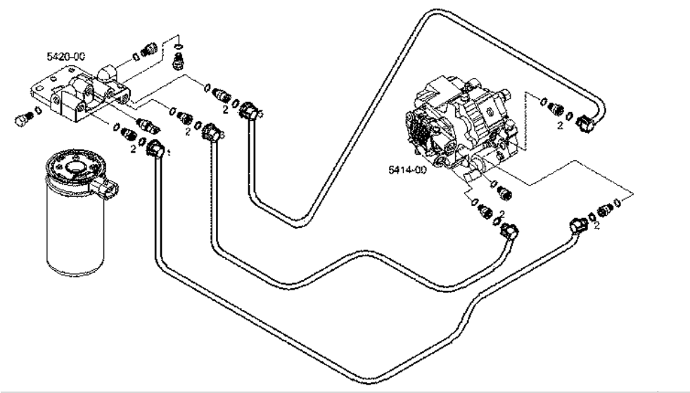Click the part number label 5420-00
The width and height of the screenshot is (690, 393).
62,56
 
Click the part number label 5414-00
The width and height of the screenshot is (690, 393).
407,169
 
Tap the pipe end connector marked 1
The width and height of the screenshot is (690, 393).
155,148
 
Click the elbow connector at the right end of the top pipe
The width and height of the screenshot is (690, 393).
587,124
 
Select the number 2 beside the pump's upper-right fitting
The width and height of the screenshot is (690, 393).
560,126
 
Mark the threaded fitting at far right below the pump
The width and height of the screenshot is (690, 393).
603,209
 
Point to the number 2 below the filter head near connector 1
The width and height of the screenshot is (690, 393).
132,149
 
